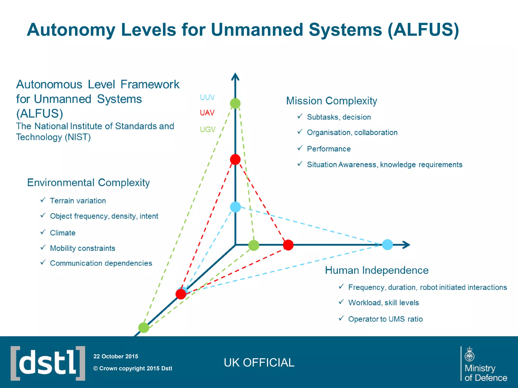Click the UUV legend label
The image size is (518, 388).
(207, 97)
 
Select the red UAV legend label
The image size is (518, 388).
(207, 113)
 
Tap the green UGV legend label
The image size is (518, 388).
(207, 129)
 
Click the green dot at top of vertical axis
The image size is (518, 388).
(235, 104)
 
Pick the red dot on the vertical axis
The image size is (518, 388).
(235, 159)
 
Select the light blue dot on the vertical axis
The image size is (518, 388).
(235, 207)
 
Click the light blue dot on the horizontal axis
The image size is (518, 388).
(387, 245)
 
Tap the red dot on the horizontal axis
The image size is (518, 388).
(288, 245)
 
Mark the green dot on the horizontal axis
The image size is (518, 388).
(254, 245)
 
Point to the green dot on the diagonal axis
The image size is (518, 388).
(144, 328)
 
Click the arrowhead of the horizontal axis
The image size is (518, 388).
(406, 245)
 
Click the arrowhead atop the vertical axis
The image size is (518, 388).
(235, 77)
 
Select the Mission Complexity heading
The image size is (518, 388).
(331, 101)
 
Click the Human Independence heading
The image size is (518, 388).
(377, 270)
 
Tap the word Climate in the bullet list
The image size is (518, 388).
(63, 233)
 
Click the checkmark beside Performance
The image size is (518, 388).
(300, 148)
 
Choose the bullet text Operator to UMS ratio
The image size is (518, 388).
(385, 319)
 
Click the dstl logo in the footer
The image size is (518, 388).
(48, 363)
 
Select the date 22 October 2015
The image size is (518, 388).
(116, 356)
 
